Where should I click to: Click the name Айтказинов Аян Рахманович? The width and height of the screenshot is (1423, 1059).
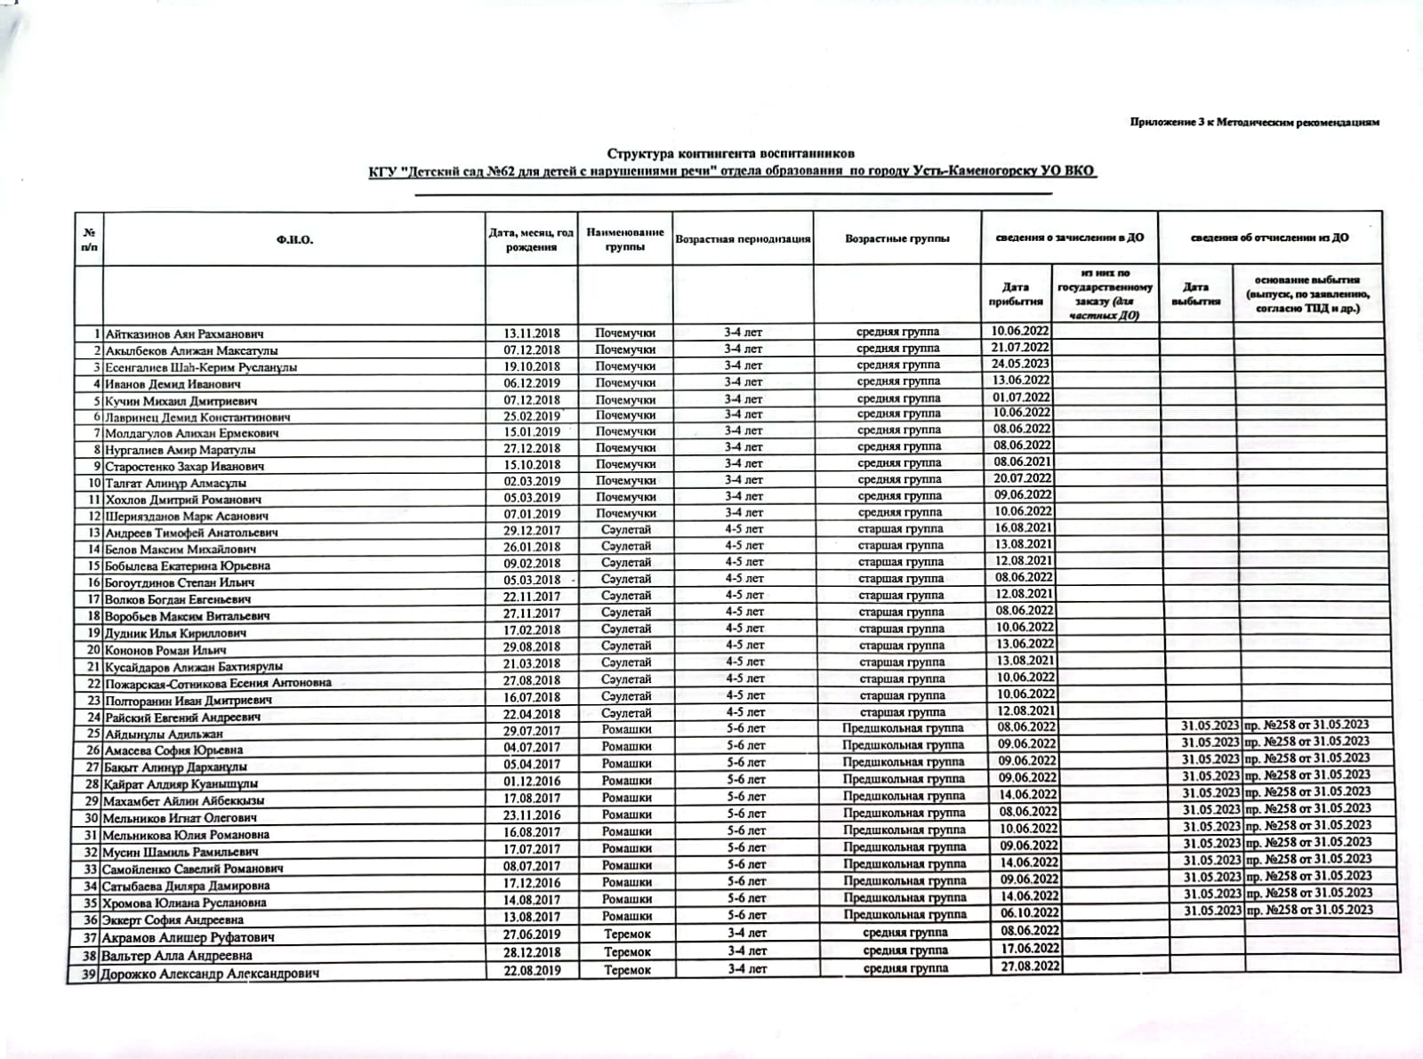coord(184,334)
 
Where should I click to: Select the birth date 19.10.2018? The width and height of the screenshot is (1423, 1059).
coord(531,366)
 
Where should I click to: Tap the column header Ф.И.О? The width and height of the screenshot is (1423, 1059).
coord(294,239)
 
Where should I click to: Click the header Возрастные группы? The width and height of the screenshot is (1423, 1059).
coord(896,238)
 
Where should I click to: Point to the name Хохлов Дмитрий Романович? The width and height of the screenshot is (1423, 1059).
coord(183,500)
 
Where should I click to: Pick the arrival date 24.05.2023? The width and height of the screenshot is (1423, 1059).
coord(1021,364)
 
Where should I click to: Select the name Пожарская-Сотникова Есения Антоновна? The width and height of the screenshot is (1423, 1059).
coord(218,683)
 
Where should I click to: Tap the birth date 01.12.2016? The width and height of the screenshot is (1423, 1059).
coord(532,781)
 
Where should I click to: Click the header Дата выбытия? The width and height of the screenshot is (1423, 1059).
coord(1195,294)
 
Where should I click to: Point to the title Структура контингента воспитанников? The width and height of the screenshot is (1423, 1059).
coord(731,154)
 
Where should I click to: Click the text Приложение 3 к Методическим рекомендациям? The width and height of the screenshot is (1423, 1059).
coord(1254,122)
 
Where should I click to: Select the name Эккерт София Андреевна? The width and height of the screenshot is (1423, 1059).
coord(173,920)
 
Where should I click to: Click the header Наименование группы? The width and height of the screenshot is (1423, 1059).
coord(624,239)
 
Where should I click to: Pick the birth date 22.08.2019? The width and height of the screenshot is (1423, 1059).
coord(532,970)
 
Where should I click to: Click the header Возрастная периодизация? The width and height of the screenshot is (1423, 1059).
coord(743,239)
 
